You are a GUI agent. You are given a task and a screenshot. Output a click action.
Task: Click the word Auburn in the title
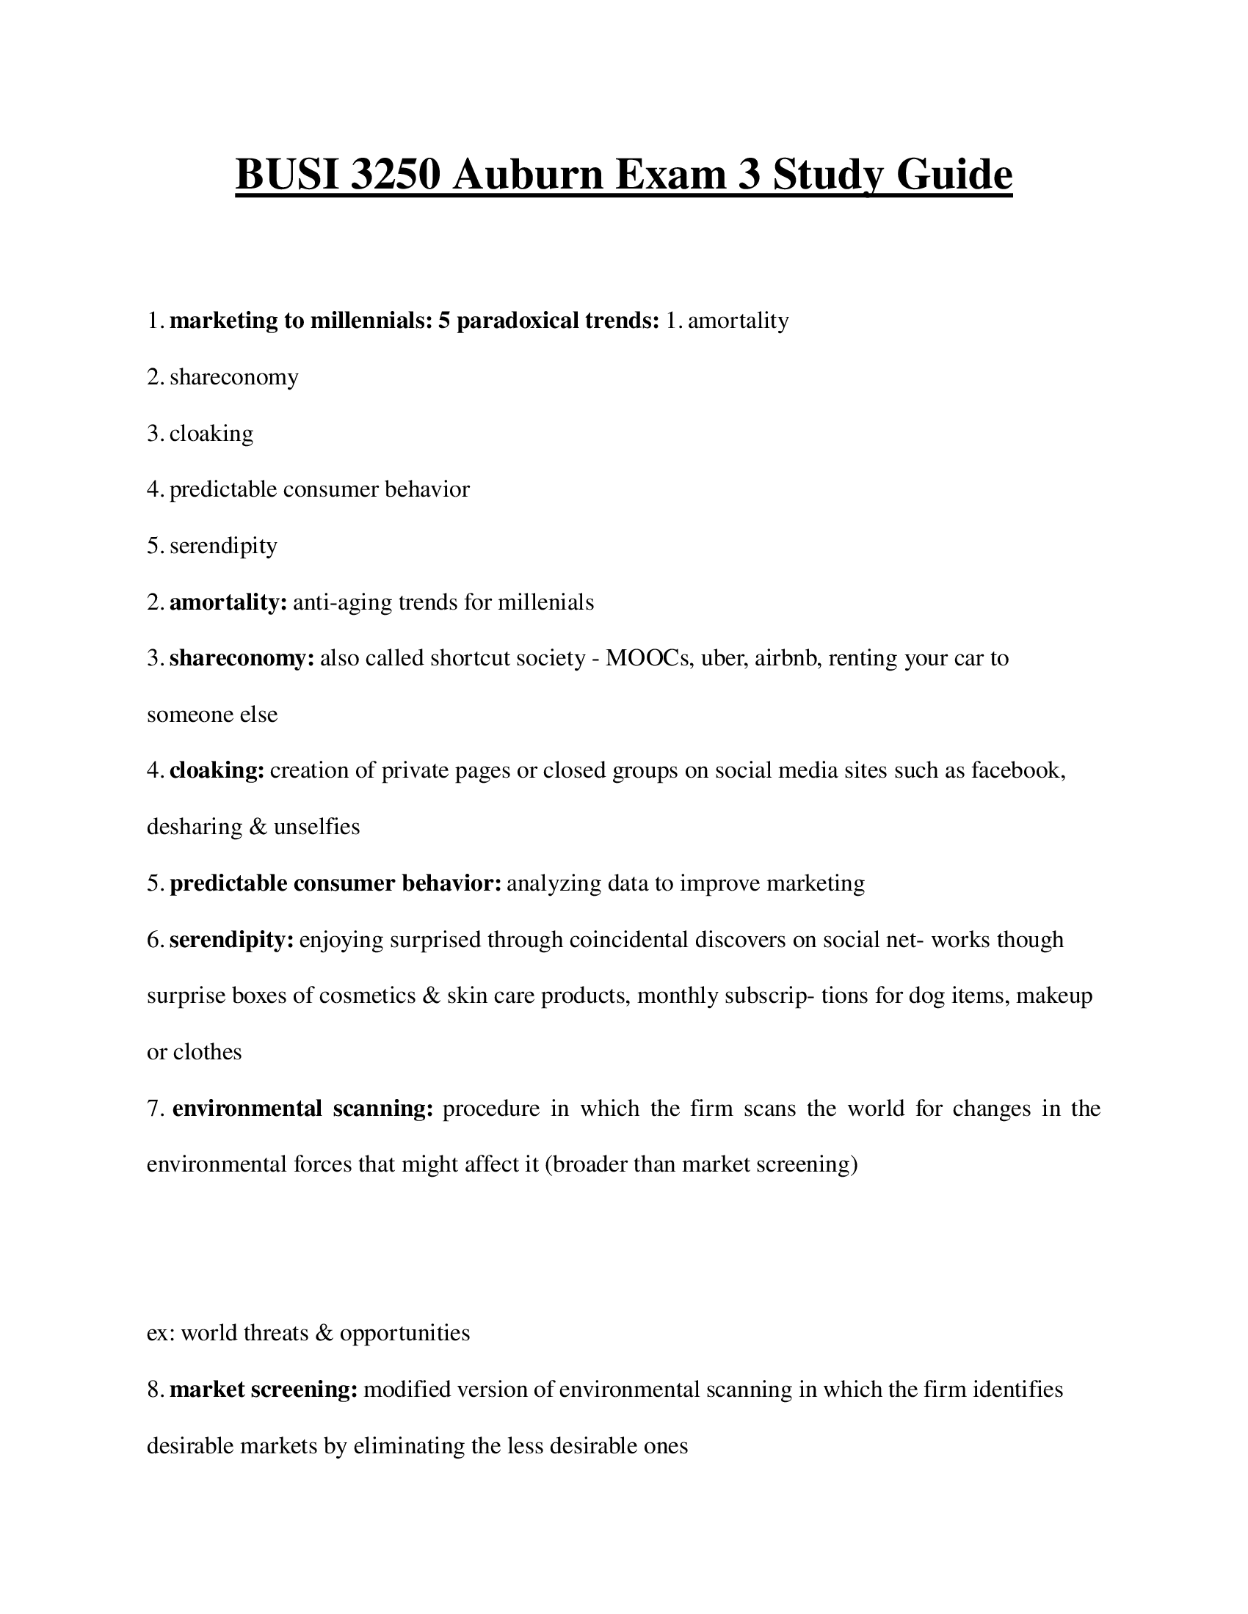tap(528, 175)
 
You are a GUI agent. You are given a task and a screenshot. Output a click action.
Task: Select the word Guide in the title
tap(954, 175)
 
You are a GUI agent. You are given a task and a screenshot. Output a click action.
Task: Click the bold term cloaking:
tap(217, 771)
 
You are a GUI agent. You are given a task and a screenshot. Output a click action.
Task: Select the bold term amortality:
tap(228, 602)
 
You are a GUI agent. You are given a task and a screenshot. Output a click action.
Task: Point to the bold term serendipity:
tap(231, 939)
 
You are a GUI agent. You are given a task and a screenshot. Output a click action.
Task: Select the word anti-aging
tap(342, 602)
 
